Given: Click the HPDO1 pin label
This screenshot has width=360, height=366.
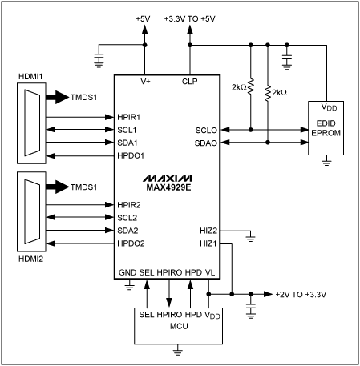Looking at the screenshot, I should [x=131, y=155].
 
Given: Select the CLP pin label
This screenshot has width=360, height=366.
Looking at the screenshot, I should [x=190, y=82].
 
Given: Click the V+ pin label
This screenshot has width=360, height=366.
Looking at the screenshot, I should [x=145, y=82].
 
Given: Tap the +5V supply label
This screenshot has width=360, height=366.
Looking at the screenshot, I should [x=144, y=18].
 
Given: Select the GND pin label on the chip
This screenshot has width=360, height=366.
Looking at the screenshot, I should [x=127, y=273].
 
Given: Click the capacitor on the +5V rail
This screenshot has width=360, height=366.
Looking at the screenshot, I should [x=99, y=56].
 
